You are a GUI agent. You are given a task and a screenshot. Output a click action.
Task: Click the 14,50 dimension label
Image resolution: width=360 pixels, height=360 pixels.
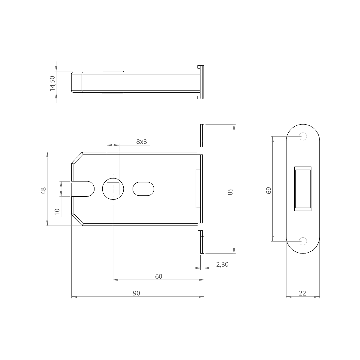52,83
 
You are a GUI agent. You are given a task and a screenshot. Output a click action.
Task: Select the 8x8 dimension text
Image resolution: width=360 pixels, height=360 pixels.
141,142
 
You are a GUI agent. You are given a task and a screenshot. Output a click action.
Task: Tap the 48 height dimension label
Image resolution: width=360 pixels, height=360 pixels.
43,191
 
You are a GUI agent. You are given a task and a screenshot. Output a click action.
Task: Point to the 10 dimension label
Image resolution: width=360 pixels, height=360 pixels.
57,212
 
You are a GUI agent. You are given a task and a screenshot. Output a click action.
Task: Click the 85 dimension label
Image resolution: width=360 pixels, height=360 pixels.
230,192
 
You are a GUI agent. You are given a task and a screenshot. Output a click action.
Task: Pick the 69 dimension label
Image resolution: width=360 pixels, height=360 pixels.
268,190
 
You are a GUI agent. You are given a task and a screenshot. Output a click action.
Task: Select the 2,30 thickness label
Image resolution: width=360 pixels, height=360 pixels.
222,265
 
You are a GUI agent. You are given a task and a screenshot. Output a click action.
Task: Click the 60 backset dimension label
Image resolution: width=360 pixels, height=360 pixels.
159,277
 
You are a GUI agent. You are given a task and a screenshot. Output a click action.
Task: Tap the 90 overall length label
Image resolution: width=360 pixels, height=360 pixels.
136,293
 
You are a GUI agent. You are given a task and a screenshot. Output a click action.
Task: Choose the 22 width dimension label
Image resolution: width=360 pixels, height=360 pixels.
302,293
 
